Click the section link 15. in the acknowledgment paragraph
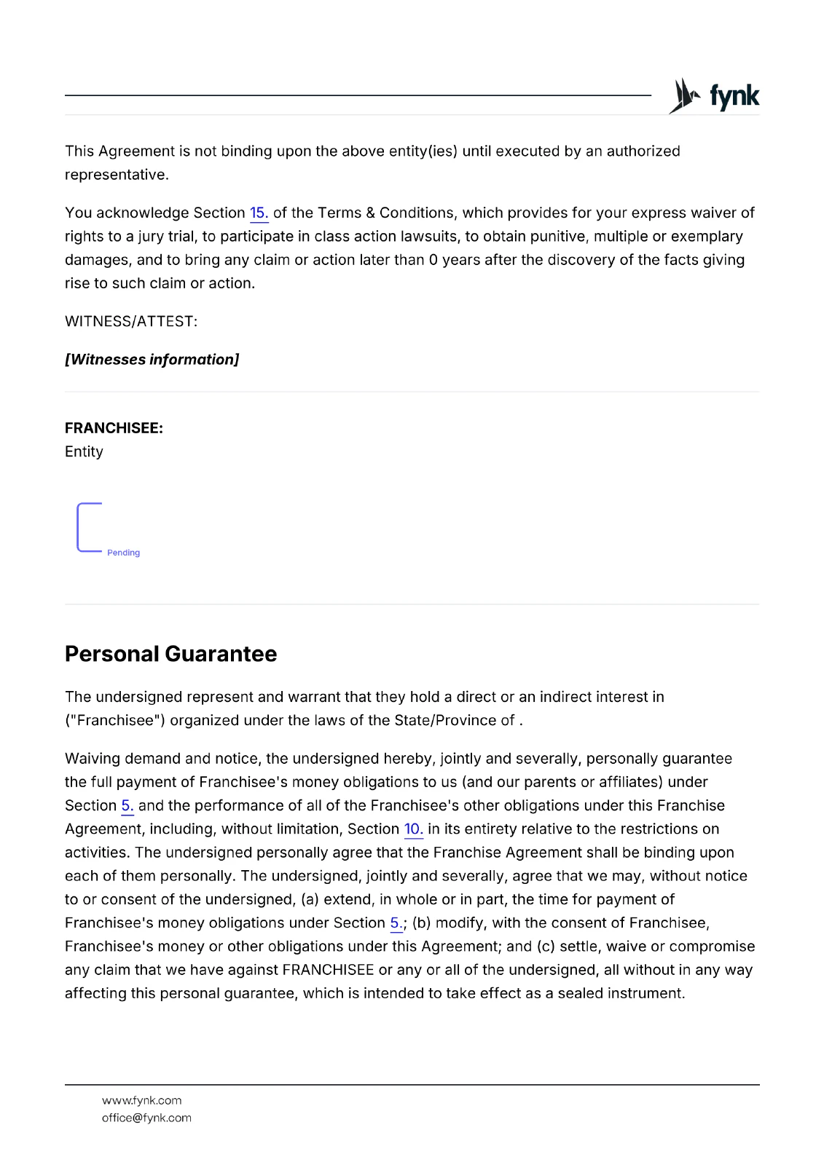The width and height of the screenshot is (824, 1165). click(x=259, y=213)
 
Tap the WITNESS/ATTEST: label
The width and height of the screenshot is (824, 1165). click(x=131, y=321)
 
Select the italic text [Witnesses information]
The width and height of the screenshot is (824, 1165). click(x=152, y=359)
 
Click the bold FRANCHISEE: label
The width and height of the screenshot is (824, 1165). click(x=114, y=428)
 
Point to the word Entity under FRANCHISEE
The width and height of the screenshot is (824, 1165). click(x=84, y=451)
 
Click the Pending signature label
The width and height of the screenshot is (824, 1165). click(x=123, y=553)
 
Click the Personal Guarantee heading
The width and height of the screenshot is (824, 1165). click(x=170, y=654)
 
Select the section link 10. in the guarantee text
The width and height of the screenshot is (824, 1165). click(x=413, y=829)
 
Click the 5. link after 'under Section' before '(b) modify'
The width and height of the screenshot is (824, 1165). click(x=396, y=923)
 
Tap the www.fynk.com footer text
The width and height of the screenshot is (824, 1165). click(x=141, y=1100)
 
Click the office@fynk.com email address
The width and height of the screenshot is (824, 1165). click(x=146, y=1118)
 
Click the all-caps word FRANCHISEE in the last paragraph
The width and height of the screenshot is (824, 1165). click(x=328, y=970)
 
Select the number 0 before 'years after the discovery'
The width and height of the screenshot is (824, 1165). click(x=433, y=260)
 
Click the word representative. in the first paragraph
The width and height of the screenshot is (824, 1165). click(x=117, y=175)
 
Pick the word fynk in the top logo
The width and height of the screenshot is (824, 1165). click(x=734, y=96)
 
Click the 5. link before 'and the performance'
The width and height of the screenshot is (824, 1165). click(x=127, y=805)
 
